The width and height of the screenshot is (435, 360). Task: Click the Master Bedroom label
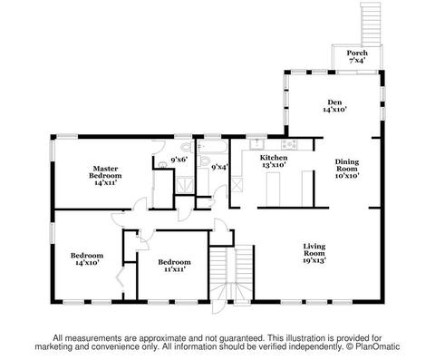(105, 176)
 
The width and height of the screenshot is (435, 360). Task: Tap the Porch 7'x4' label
(357, 56)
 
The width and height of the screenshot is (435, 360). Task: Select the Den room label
(334, 106)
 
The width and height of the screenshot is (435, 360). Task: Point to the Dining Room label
(347, 169)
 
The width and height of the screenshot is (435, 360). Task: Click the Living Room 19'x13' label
(314, 253)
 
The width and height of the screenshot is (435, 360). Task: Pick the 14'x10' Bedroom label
(87, 259)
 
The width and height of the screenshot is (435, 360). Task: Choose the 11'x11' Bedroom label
(174, 266)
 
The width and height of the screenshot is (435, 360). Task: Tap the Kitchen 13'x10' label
(274, 161)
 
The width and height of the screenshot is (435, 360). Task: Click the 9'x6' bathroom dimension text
(179, 160)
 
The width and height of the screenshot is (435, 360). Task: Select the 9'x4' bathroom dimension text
(219, 167)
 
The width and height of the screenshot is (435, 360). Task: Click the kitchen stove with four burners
(289, 144)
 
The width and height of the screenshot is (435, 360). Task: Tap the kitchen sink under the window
(256, 144)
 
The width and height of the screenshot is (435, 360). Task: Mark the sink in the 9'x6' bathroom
(163, 165)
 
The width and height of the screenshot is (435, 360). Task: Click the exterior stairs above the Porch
(371, 24)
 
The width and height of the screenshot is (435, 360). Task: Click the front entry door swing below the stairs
(217, 307)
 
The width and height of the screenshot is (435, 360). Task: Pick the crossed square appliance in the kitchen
(237, 184)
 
